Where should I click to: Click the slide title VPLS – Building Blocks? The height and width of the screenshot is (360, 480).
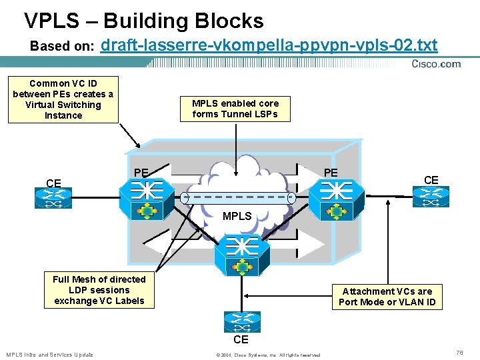tap(143, 21)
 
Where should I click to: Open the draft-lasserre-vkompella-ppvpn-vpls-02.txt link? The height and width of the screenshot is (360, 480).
tap(269, 45)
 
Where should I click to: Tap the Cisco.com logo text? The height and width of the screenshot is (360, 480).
tap(436, 64)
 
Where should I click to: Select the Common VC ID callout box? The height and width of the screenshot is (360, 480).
tap(63, 100)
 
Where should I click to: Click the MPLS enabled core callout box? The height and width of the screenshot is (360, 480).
tap(235, 109)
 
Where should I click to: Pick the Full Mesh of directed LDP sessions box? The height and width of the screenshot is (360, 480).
tap(99, 290)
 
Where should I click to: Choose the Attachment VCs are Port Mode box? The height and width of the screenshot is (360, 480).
tap(387, 297)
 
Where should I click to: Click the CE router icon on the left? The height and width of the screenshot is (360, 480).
tap(53, 198)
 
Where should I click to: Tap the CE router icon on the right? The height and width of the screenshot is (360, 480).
tap(431, 197)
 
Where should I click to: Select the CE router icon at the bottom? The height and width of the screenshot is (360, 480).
tap(242, 322)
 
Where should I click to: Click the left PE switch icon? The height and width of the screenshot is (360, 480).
tap(147, 199)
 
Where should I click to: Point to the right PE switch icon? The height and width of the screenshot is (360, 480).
tap(337, 200)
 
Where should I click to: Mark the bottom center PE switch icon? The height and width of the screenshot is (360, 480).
tap(242, 255)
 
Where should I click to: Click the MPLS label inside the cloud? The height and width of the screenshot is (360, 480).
tap(237, 216)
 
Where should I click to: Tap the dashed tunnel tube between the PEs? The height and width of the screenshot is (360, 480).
tap(238, 198)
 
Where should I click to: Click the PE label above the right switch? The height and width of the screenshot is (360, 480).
tap(331, 173)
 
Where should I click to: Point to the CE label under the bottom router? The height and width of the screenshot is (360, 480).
tap(241, 339)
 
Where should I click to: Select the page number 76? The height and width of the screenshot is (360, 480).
tap(459, 353)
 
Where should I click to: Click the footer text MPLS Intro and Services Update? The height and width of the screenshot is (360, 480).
tap(49, 355)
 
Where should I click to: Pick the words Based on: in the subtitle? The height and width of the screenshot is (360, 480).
tap(62, 46)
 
